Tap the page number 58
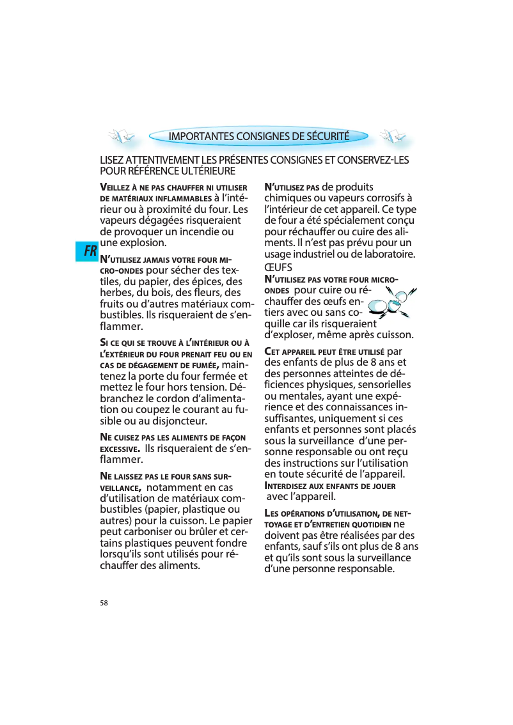click(x=104, y=603)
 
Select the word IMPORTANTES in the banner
click(x=201, y=136)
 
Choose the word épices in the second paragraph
click(x=211, y=281)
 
